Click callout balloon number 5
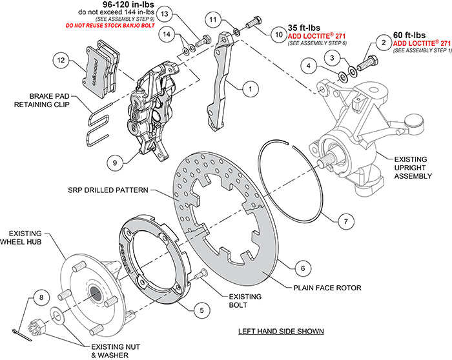(201, 310)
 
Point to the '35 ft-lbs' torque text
(303, 28)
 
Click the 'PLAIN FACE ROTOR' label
(327, 288)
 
